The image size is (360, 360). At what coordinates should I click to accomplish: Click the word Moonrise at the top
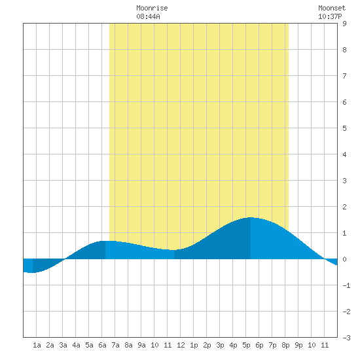(x=152, y=8)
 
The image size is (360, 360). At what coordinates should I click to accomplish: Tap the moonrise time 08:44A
(x=148, y=16)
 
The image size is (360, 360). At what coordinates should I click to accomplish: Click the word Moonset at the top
(x=332, y=8)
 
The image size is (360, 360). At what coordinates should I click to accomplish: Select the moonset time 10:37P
(x=330, y=16)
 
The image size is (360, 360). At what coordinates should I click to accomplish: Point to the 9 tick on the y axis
(x=344, y=24)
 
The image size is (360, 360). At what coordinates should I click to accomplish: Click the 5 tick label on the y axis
(x=344, y=128)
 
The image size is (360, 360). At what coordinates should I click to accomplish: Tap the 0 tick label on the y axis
(x=344, y=259)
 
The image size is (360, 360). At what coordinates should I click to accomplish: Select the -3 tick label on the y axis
(x=346, y=338)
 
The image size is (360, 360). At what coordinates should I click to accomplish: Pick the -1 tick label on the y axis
(x=346, y=285)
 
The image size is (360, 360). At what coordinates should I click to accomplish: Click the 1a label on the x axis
(x=37, y=345)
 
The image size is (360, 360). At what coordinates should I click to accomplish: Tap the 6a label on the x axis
(x=102, y=345)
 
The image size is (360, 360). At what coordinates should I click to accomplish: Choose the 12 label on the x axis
(x=181, y=345)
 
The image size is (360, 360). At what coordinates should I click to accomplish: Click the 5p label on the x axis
(x=246, y=345)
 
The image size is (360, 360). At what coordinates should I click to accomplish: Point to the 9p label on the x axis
(x=298, y=345)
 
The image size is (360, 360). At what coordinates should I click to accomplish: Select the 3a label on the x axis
(x=63, y=345)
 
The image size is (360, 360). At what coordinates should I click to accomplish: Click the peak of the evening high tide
(x=251, y=217)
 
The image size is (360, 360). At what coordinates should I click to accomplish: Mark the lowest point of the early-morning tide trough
(x=33, y=272)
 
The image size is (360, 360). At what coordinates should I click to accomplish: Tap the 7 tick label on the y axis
(x=344, y=76)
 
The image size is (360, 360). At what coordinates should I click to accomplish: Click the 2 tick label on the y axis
(x=344, y=207)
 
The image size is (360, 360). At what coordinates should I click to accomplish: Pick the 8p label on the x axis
(x=285, y=345)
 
